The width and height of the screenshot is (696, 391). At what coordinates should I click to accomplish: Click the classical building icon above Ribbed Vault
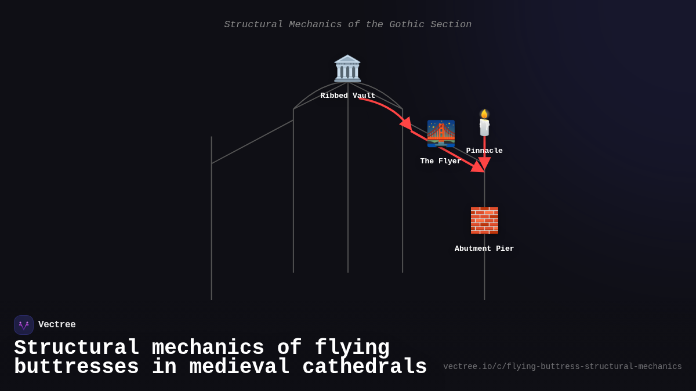tap(347, 68)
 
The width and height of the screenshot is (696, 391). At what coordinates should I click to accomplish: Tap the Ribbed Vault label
tap(347, 96)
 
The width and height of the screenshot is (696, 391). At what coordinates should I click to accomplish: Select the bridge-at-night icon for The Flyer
tap(441, 133)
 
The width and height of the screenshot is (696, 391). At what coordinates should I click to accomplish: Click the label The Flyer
tap(440, 161)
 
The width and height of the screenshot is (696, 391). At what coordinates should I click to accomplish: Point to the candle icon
tap(484, 124)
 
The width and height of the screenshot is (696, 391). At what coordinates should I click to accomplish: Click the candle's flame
tap(484, 114)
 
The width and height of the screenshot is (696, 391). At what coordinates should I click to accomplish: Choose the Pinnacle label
tap(484, 151)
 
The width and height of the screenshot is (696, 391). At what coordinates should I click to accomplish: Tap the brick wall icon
tap(484, 220)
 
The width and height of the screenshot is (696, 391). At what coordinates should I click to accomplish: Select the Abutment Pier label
tap(484, 249)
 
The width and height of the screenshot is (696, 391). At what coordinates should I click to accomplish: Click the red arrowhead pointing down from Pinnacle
tap(484, 163)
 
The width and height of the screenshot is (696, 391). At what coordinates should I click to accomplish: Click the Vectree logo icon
tap(24, 325)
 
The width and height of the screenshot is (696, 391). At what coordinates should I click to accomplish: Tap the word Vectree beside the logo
tap(57, 325)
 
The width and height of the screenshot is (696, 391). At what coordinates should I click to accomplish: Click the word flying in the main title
tap(352, 348)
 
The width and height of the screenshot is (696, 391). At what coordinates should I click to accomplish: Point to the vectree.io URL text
tap(562, 367)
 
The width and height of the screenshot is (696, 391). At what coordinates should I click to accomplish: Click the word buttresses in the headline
tap(76, 367)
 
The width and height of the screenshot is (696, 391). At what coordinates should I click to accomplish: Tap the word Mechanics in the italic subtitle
tap(316, 24)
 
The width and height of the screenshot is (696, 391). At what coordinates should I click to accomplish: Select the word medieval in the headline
tap(239, 367)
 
